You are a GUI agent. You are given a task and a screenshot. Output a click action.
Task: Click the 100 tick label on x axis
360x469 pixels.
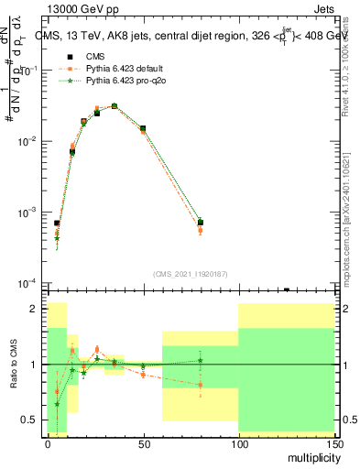[x=238, y=442]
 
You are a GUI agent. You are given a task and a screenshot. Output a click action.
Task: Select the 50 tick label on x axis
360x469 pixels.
[x=143, y=442]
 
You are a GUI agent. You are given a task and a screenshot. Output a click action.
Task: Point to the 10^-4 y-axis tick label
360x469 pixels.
[x=27, y=282]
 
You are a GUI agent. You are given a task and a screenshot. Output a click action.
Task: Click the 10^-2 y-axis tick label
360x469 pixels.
[x=27, y=141]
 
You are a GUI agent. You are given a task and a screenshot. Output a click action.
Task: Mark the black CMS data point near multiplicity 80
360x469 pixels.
[x=201, y=223]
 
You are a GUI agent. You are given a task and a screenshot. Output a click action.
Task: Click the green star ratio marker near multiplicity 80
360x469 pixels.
[x=201, y=360]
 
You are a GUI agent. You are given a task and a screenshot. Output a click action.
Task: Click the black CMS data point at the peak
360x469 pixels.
[x=115, y=106]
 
